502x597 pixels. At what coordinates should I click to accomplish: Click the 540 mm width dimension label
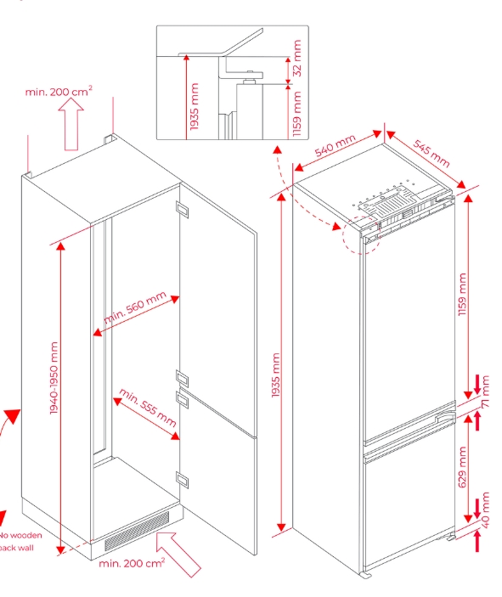(x=336, y=145)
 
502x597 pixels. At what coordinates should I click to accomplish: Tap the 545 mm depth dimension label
(x=431, y=154)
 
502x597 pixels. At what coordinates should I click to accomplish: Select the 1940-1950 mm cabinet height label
(x=54, y=378)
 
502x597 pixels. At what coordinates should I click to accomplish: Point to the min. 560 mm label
(x=135, y=307)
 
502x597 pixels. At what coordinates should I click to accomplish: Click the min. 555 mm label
(x=148, y=408)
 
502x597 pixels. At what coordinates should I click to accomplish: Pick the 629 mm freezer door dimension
(x=462, y=467)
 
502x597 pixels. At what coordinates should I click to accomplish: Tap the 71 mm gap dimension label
(x=485, y=392)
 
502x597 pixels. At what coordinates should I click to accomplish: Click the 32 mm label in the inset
(x=297, y=59)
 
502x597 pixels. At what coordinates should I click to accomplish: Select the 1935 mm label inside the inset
(x=195, y=106)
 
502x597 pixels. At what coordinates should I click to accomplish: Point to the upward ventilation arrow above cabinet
(x=71, y=124)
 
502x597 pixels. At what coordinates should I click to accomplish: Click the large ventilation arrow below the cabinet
(x=178, y=555)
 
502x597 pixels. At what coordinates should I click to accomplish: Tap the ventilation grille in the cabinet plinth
(x=137, y=532)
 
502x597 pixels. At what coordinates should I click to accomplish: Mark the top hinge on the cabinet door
(x=183, y=210)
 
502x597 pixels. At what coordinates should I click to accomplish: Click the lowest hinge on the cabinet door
(x=183, y=479)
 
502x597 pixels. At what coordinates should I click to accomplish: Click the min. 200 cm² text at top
(x=59, y=92)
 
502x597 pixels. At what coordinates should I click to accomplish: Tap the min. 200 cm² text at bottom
(x=132, y=563)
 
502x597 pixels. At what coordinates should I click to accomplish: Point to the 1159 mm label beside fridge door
(x=462, y=295)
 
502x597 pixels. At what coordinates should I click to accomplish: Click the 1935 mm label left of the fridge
(x=276, y=375)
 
